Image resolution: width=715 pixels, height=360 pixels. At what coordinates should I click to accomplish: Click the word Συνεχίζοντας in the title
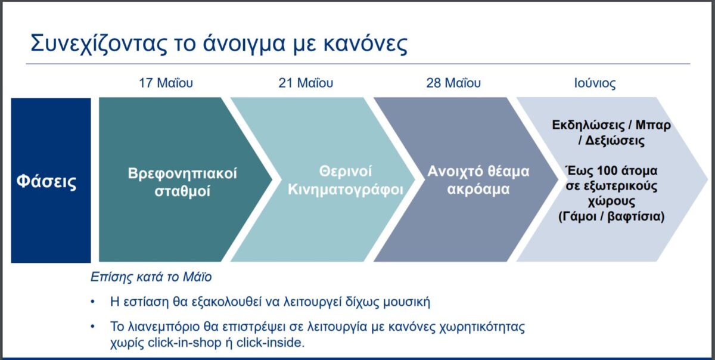[x=99, y=43]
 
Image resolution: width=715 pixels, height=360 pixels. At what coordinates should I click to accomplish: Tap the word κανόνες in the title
[x=365, y=43]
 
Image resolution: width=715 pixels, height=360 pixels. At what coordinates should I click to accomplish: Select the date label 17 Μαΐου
[x=166, y=83]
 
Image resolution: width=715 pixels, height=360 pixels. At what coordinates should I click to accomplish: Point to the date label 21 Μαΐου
[x=306, y=83]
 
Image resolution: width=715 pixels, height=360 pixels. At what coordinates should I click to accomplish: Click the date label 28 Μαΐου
[x=453, y=83]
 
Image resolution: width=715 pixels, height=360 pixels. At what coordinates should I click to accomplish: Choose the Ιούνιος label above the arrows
[x=595, y=83]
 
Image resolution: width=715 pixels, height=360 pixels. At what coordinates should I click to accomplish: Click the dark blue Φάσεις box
[x=51, y=181]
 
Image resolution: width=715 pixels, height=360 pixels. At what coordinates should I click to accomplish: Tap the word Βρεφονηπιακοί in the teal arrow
[x=182, y=174]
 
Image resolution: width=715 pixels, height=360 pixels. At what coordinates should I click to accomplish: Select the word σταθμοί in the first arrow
[x=182, y=191]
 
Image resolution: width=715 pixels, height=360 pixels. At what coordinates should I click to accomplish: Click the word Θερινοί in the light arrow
[x=346, y=172]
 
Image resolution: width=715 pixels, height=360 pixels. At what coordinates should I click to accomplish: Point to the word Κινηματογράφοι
[x=346, y=190]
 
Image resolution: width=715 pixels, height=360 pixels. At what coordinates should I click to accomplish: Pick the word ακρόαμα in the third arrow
[x=478, y=189]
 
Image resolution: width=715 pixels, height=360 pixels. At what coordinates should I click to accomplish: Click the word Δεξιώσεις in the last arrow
[x=615, y=141]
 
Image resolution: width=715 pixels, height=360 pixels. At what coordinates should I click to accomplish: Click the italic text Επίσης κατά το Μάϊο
[x=151, y=277]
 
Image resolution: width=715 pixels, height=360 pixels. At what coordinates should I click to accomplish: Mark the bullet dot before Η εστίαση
[x=93, y=302]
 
